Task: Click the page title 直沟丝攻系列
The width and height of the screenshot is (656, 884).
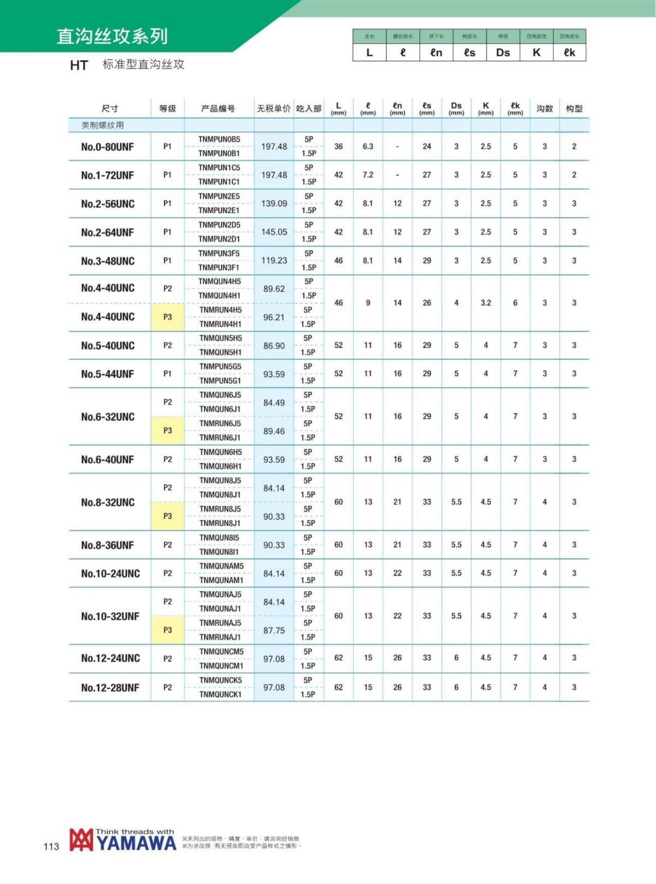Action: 112,36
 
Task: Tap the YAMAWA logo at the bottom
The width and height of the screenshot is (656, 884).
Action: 123,840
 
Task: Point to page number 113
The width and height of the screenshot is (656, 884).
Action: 51,846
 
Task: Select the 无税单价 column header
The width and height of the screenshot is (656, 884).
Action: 274,108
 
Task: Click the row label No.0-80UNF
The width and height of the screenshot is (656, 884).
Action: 107,147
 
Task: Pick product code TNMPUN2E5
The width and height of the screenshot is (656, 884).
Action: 219,196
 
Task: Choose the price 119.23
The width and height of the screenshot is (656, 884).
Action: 274,260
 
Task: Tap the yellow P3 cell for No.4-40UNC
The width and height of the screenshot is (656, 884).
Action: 167,317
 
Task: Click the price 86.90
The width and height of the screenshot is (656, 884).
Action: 274,346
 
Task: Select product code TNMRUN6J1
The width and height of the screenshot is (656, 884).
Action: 220,438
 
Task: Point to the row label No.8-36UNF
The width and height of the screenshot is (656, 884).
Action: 107,545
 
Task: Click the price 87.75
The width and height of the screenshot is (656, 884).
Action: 274,630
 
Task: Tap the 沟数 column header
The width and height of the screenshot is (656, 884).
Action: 544,108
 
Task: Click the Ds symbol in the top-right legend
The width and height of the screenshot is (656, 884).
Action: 503,53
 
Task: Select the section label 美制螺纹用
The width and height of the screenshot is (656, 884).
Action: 103,125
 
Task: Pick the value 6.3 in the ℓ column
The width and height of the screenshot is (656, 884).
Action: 368,147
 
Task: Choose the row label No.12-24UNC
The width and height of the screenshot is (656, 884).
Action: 110,659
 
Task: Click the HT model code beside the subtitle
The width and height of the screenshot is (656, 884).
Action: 79,66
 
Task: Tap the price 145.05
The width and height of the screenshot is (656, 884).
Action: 274,232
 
